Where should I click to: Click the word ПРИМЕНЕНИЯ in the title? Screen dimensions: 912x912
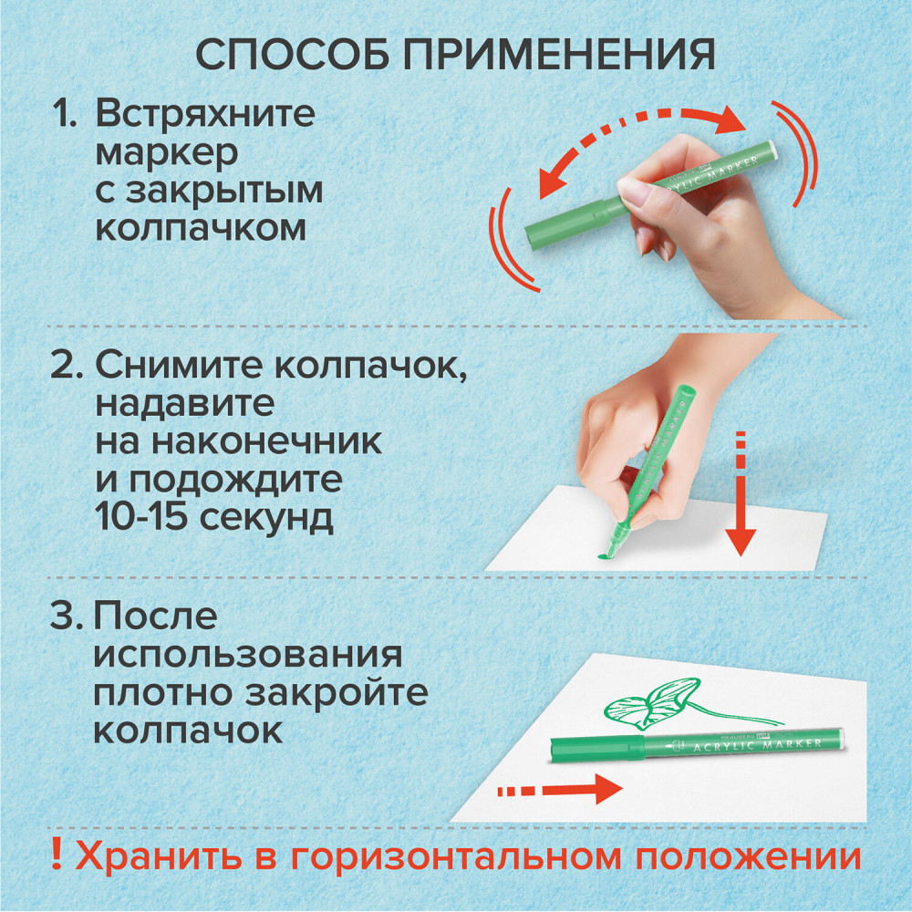pyautogui.click(x=559, y=56)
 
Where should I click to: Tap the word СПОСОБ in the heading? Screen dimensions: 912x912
pyautogui.click(x=293, y=56)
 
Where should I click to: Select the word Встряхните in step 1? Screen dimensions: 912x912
pyautogui.click(x=205, y=113)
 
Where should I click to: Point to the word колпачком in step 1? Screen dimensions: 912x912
pyautogui.click(x=201, y=229)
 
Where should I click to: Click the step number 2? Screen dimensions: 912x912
pyautogui.click(x=67, y=366)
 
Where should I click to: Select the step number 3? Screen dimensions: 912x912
pyautogui.click(x=67, y=616)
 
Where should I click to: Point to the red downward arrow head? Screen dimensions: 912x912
pyautogui.click(x=741, y=542)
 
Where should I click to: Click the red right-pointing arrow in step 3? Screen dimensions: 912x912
pyautogui.click(x=560, y=789)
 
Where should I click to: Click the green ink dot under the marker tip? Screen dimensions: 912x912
pyautogui.click(x=606, y=556)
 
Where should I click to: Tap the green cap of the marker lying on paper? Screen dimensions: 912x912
pyautogui.click(x=597, y=749)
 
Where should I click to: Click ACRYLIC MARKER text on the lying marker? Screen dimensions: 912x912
pyautogui.click(x=757, y=745)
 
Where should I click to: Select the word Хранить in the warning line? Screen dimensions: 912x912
pyautogui.click(x=158, y=856)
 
